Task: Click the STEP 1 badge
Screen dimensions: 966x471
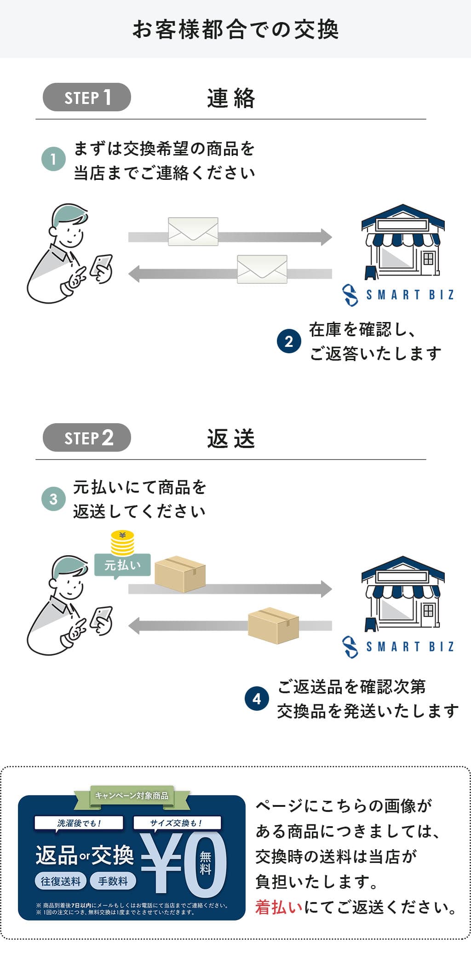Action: [x=87, y=97]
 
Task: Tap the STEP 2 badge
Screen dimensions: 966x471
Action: [x=87, y=437]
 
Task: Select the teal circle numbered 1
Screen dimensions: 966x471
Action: [x=53, y=159]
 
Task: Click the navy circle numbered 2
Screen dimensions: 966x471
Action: [x=289, y=341]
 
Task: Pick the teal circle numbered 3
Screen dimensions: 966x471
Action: [x=53, y=499]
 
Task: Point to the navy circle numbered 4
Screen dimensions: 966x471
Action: [x=257, y=699]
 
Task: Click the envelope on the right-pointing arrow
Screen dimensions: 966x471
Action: [x=193, y=231]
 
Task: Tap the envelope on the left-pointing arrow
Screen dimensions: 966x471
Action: [x=262, y=269]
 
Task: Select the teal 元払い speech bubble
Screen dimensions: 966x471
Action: [x=122, y=565]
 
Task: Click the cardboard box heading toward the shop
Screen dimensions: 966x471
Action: [x=180, y=574]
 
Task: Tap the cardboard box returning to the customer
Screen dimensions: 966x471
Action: [x=273, y=626]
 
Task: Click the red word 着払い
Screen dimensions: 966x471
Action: [x=279, y=907]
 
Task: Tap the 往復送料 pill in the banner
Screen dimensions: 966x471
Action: [x=60, y=881]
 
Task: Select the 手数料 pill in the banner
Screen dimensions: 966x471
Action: [x=113, y=881]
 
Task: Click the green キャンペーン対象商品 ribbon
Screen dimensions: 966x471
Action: [x=132, y=795]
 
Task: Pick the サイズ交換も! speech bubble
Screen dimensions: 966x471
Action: [x=177, y=823]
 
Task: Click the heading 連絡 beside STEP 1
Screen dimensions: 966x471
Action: [x=231, y=98]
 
